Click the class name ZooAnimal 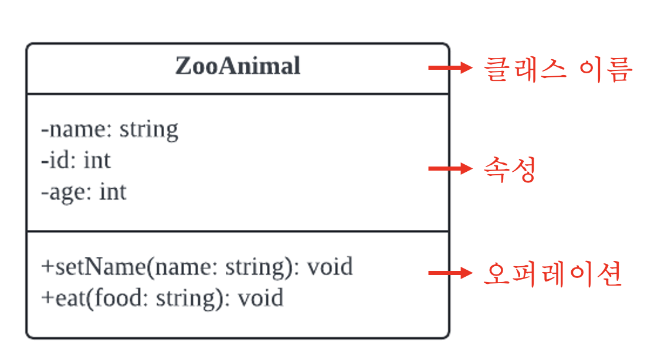[x=238, y=66]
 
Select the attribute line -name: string [x=110, y=129]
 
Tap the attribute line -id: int [x=76, y=160]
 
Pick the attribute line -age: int [x=84, y=192]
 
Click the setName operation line [x=197, y=267]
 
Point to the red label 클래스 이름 [x=557, y=69]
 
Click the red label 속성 [x=509, y=170]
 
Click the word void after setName [x=330, y=267]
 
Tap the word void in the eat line [x=260, y=298]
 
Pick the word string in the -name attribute [x=149, y=129]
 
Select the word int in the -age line [x=113, y=192]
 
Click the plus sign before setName [x=47, y=267]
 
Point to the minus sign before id [x=45, y=161]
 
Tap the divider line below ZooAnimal [x=238, y=94]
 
